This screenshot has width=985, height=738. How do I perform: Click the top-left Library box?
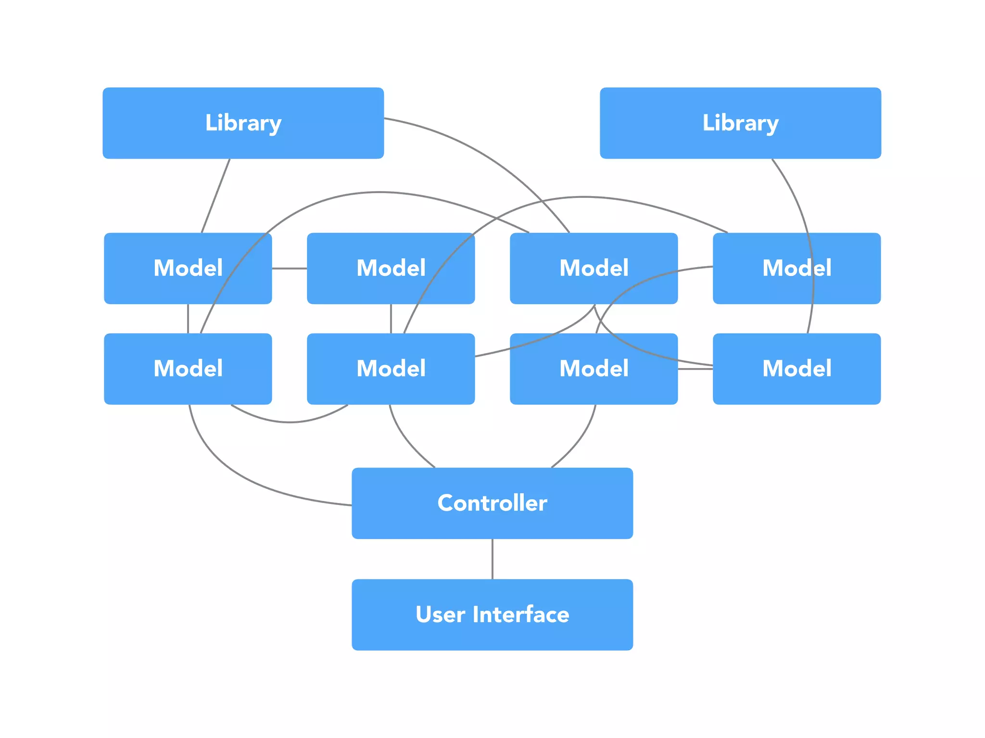point(243,123)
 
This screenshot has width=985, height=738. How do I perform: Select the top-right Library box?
point(740,123)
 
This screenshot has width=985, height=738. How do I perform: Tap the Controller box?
point(492,503)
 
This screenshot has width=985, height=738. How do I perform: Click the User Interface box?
point(492,615)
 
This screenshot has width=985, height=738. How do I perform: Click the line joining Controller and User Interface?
point(492,559)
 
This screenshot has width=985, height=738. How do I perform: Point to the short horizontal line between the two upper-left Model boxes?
point(289,268)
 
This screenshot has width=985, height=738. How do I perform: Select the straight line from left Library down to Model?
point(215,196)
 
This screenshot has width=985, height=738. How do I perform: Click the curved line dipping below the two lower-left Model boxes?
point(289,422)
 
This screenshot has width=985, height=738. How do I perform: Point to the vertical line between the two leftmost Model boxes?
point(188,318)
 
